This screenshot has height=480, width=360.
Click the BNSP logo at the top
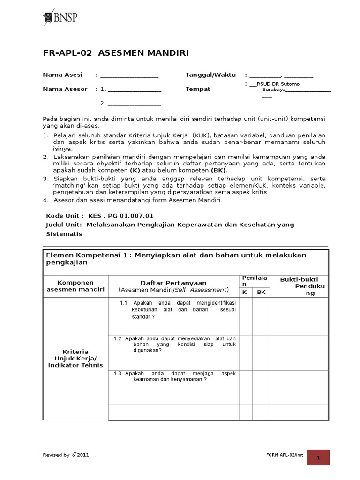(x=60, y=17)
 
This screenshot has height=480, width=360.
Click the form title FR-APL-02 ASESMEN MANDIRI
(x=116, y=53)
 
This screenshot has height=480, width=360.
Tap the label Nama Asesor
(x=65, y=89)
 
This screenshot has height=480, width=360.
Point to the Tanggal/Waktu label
(x=210, y=75)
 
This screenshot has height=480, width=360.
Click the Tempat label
(x=198, y=89)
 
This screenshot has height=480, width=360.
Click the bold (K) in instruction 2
(x=135, y=170)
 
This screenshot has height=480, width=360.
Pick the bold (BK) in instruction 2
(x=218, y=170)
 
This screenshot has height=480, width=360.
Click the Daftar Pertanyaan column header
(x=173, y=283)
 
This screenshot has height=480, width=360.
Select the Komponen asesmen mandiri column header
(x=75, y=286)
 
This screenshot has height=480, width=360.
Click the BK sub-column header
(x=261, y=292)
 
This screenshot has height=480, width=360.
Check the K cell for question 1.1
(x=246, y=316)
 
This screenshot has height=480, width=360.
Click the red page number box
(x=318, y=457)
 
